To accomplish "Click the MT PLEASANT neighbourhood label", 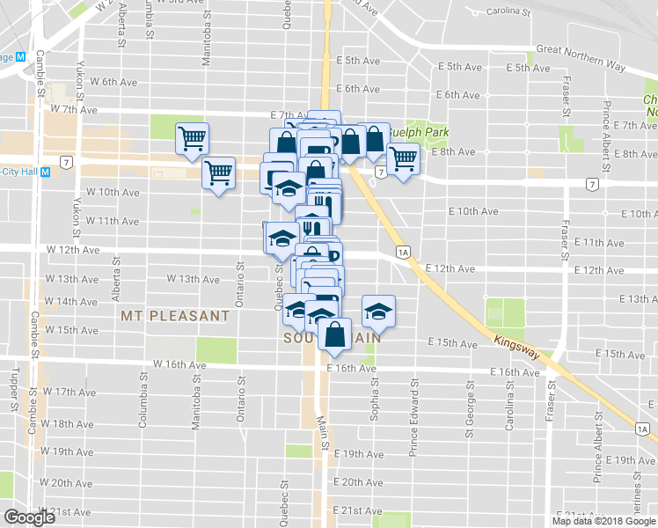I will click(x=176, y=315).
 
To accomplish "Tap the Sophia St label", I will click(x=374, y=397).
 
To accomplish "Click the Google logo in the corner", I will click(x=28, y=517).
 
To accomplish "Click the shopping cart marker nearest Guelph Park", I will click(x=403, y=159).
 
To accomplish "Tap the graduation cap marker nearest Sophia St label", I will click(x=378, y=311).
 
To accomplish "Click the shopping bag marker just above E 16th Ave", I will click(x=336, y=334).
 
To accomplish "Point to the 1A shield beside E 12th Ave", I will click(x=403, y=253).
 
